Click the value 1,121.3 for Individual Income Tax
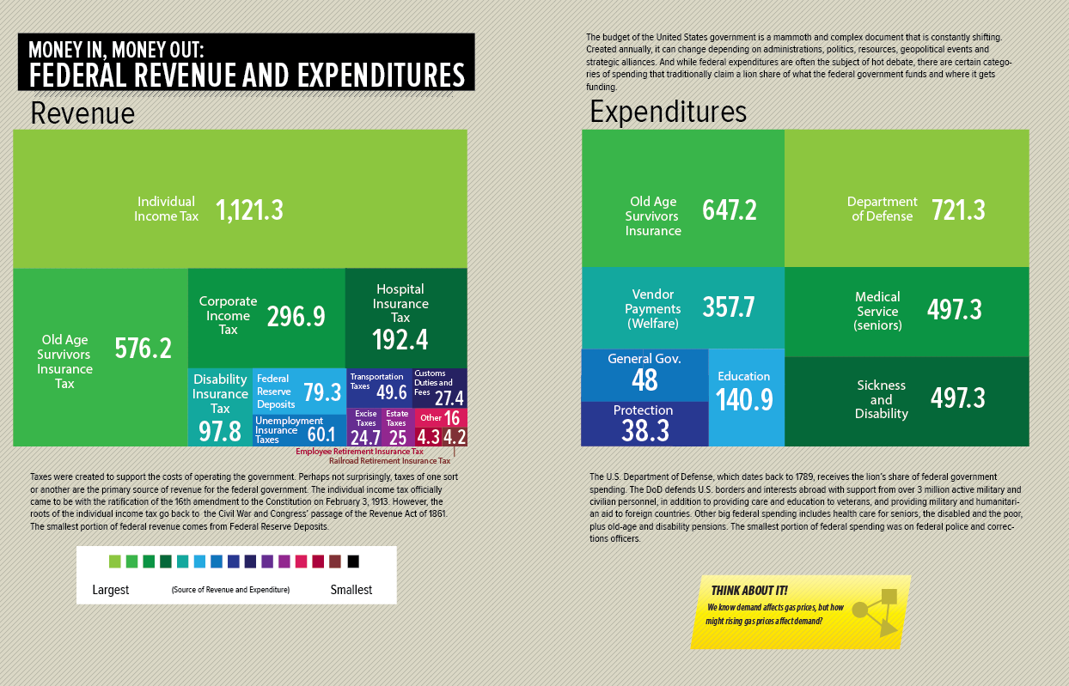[249, 209]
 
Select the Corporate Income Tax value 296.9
[296, 317]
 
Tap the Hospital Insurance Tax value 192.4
[400, 340]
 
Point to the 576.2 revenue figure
[144, 348]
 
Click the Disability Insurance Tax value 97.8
[220, 431]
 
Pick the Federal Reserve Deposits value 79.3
[322, 392]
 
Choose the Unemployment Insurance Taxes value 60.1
[321, 434]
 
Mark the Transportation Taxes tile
[379, 387]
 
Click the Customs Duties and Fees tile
[439, 387]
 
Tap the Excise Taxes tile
[365, 427]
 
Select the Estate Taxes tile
[396, 427]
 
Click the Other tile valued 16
[442, 418]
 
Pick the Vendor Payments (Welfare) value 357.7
[729, 307]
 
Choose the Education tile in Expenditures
[745, 396]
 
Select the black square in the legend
[353, 562]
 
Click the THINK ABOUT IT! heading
[749, 590]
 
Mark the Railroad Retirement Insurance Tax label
[389, 461]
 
